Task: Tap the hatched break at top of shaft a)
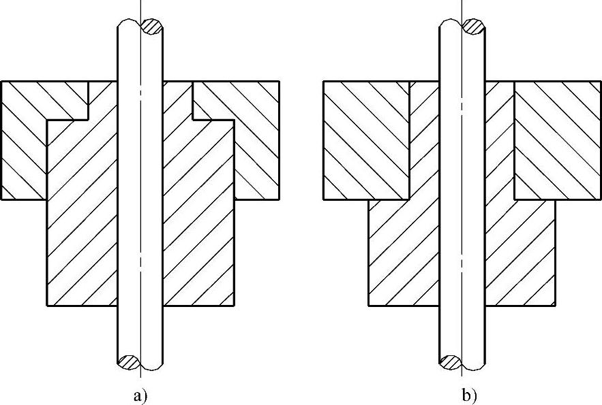pos(151,27)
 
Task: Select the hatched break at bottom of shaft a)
pos(127,361)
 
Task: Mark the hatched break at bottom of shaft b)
pos(449,361)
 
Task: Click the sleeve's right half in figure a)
pos(198,218)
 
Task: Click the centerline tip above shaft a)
pos(140,3)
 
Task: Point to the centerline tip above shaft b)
pos(462,3)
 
